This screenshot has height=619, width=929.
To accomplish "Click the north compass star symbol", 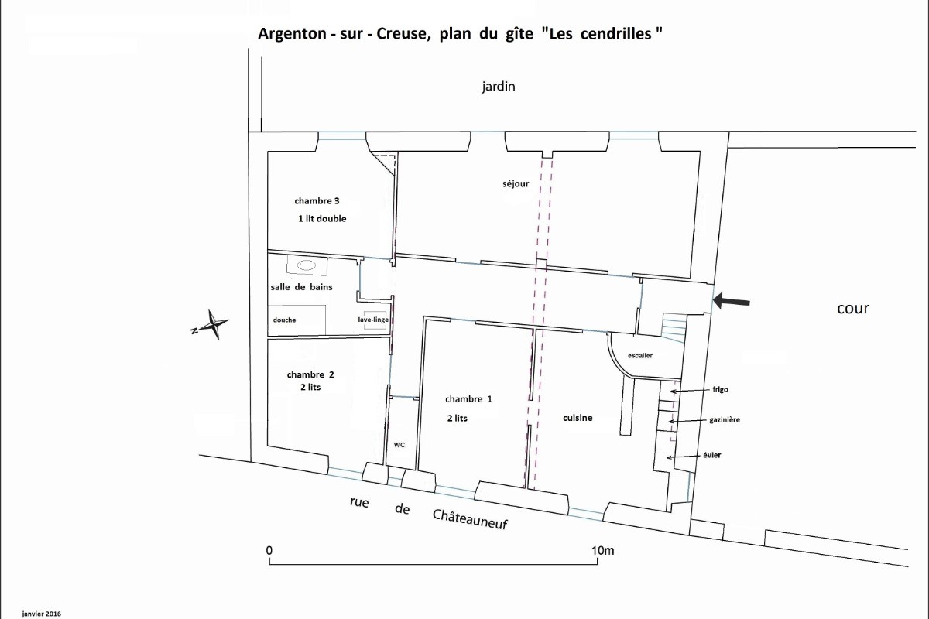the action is pyautogui.click(x=212, y=325).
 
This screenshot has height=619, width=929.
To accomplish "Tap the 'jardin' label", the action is pyautogui.click(x=499, y=87).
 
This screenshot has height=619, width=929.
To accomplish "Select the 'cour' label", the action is pyautogui.click(x=853, y=309).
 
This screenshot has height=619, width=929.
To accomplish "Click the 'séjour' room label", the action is pyautogui.click(x=516, y=183).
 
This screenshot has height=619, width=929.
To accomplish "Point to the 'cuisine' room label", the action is pyautogui.click(x=578, y=418).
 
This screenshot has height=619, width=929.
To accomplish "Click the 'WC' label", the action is pyautogui.click(x=399, y=445).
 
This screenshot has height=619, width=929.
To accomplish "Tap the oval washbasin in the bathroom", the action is pyautogui.click(x=307, y=265).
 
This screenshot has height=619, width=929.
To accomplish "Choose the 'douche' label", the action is pyautogui.click(x=285, y=320).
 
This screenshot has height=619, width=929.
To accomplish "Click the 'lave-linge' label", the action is pyautogui.click(x=373, y=320).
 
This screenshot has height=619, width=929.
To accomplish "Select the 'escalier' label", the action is pyautogui.click(x=640, y=356).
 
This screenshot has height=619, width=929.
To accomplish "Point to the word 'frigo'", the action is pyautogui.click(x=721, y=390).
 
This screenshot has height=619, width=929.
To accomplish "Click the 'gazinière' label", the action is pyautogui.click(x=725, y=420).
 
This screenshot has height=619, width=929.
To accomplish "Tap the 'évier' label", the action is pyautogui.click(x=712, y=455).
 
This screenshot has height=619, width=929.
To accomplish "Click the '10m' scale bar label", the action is pyautogui.click(x=602, y=551).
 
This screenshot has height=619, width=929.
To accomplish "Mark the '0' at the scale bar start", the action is pyautogui.click(x=269, y=551).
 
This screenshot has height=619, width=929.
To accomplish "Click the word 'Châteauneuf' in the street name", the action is pyautogui.click(x=470, y=519).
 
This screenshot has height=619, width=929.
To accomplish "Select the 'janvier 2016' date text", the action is pyautogui.click(x=42, y=614).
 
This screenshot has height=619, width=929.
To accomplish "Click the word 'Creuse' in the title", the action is pyautogui.click(x=402, y=33).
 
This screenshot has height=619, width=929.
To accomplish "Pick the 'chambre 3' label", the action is pyautogui.click(x=317, y=201).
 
